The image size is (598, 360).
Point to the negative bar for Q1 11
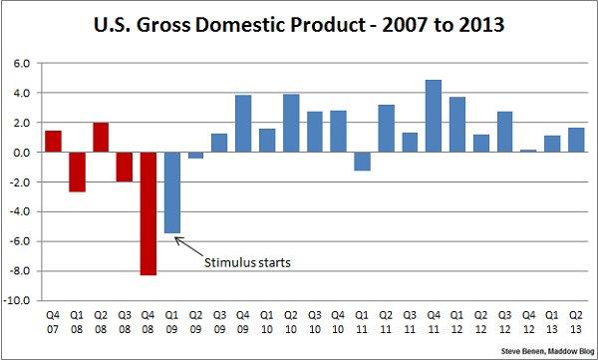(362, 162)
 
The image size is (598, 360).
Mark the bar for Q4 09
(242, 124)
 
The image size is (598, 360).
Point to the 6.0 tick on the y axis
(25, 63)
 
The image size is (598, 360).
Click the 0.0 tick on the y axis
(25, 153)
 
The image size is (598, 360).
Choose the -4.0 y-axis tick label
(24, 211)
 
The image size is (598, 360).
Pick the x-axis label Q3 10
(315, 321)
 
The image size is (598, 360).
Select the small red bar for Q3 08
(124, 167)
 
